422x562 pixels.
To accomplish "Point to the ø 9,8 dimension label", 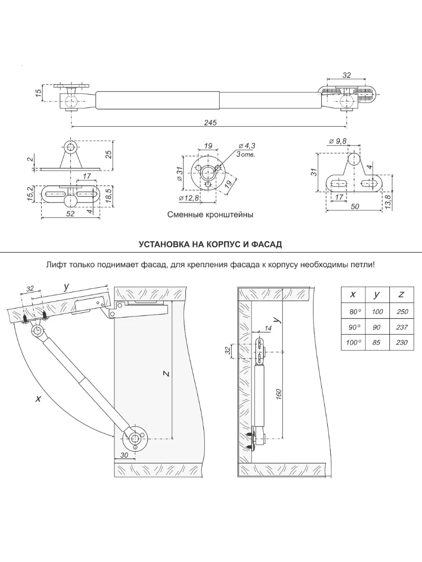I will point(337,141).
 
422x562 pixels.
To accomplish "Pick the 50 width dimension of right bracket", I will point(355,206).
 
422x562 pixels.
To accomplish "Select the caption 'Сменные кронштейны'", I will point(210,215).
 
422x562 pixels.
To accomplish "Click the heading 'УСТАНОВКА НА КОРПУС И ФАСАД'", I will point(210,245).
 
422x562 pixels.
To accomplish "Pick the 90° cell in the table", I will point(353,327).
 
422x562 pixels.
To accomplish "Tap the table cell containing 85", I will point(377,343).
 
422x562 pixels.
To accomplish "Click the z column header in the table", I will point(402,295).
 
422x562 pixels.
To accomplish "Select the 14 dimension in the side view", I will point(268,328).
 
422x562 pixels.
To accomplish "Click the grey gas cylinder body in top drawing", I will point(157,100).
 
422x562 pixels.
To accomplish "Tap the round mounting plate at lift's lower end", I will point(136,439).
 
